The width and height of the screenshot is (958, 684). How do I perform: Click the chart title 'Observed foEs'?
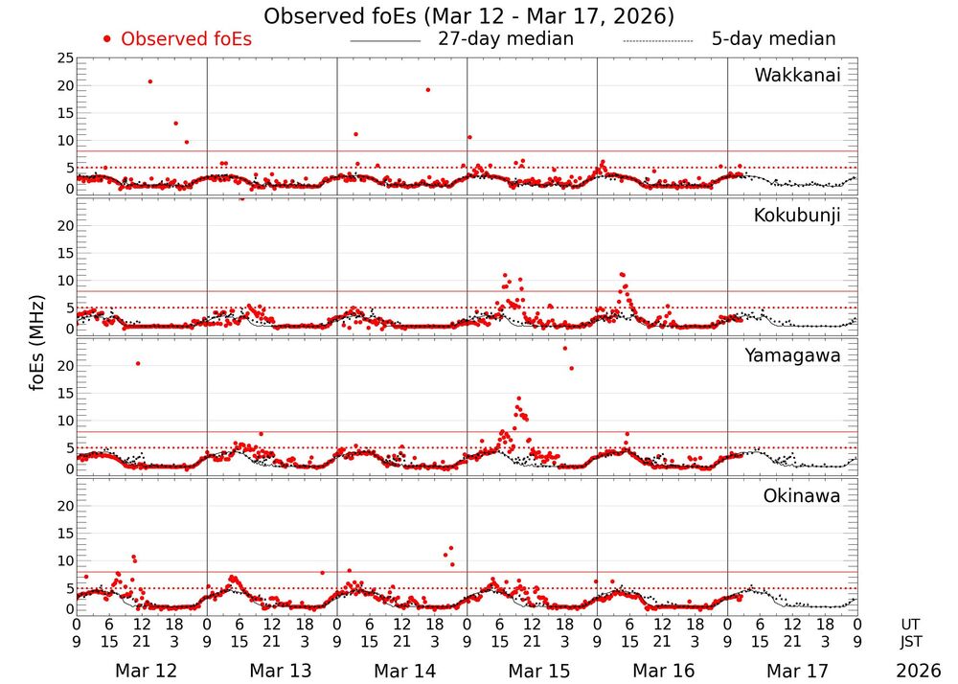coord(469,16)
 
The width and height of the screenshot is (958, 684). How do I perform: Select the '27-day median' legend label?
coord(506,39)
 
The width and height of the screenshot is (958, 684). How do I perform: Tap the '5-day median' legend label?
coord(773,39)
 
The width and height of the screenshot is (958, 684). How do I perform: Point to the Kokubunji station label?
coord(796,216)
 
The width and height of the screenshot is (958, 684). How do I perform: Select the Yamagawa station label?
coord(793,356)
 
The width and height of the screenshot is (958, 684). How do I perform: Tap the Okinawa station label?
coord(801,496)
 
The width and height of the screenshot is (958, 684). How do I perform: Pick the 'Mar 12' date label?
coord(146,671)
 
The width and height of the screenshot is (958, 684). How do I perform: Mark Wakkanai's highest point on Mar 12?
coord(150,81)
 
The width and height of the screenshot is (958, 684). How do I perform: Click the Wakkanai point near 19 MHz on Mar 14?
coord(427,90)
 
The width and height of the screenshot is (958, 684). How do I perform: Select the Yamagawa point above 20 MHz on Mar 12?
coord(138,363)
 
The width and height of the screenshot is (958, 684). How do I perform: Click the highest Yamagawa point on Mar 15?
coord(564,348)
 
